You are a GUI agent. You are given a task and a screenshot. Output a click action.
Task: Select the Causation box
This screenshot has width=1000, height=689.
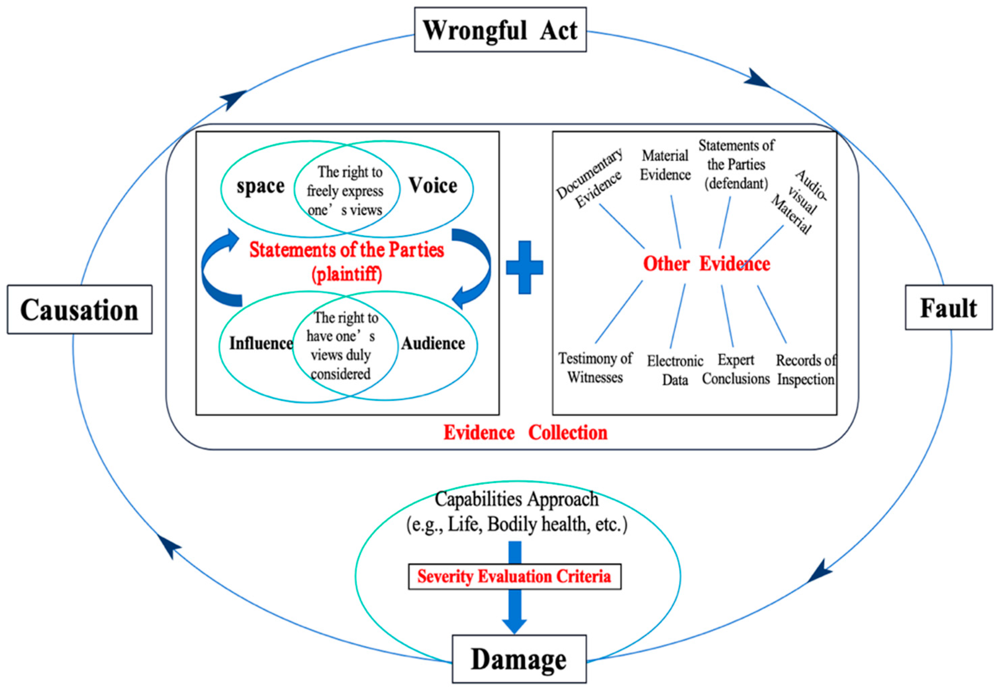coord(79,309)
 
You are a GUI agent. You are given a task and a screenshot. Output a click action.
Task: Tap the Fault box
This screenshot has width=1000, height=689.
coord(949,307)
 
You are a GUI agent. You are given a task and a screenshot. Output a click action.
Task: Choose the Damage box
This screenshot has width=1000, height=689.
coord(519,659)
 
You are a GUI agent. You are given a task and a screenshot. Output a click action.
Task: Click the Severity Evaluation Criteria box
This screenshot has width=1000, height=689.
coord(514,576)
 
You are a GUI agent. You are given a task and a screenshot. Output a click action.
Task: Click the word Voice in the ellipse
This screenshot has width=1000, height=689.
coord(433,186)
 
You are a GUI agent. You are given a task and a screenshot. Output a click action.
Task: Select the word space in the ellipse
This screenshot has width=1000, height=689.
coord(260,186)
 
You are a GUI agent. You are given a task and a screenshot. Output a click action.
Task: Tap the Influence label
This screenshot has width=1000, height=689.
coord(261,343)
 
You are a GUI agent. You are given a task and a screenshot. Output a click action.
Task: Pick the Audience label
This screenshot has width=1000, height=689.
coord(433,343)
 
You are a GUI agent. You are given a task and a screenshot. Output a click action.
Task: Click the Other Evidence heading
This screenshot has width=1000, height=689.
coord(706,264)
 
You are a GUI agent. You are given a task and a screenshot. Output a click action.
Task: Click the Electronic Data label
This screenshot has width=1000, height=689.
coord(675,370)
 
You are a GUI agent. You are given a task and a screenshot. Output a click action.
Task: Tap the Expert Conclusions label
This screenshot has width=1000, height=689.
coord(736,369)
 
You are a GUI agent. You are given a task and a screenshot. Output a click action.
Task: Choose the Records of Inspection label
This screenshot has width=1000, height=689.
coord(806,370)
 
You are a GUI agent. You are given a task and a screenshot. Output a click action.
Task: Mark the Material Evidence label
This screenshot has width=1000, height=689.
coord(665,165)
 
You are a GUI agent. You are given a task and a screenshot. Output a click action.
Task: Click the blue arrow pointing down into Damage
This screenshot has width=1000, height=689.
coord(514,613)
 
